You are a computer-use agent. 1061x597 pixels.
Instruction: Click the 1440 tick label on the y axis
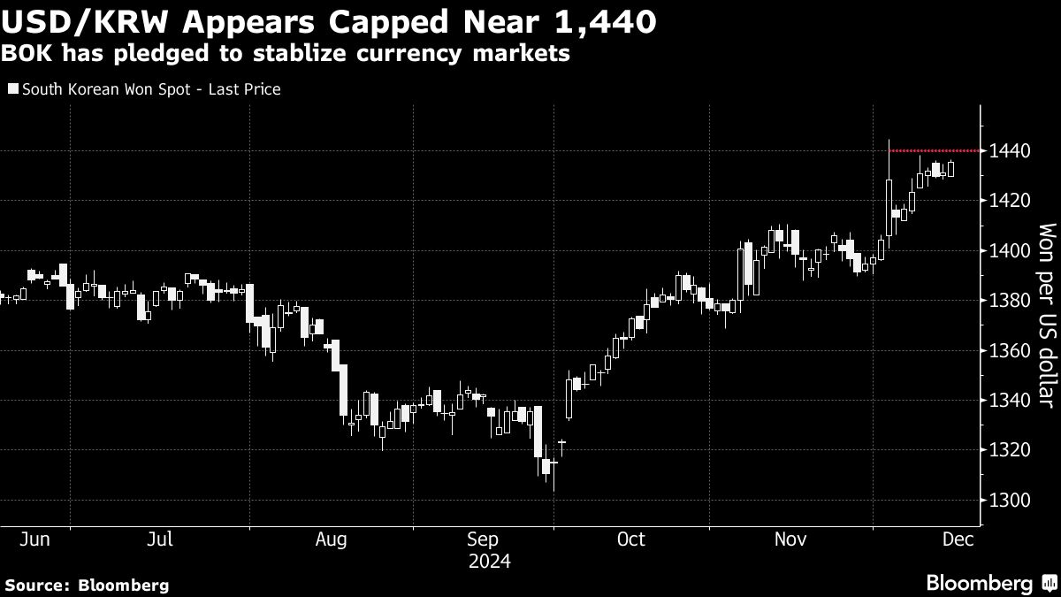click(1010, 151)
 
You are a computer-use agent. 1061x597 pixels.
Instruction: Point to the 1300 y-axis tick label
click(1010, 501)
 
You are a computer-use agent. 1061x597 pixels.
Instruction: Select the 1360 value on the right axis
click(1010, 351)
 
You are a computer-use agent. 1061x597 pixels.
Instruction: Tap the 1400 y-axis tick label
click(1010, 251)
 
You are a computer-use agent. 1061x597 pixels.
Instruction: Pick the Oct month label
click(631, 539)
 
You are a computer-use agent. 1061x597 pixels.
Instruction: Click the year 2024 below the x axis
click(490, 561)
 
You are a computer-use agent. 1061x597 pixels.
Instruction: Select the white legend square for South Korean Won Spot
click(11, 89)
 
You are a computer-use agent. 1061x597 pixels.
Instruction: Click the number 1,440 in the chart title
click(606, 22)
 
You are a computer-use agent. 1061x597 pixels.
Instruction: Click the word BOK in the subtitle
click(23, 54)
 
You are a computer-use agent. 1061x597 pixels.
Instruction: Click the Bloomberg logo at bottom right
click(991, 584)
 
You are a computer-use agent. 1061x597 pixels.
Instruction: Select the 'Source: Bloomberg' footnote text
click(86, 585)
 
